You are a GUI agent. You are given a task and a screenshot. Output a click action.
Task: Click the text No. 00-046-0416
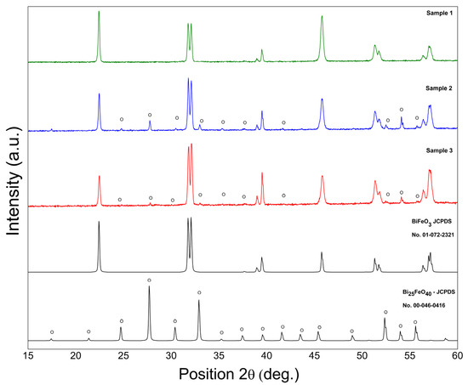point(426,305)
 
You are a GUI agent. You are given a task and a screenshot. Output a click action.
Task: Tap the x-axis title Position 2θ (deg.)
point(243,372)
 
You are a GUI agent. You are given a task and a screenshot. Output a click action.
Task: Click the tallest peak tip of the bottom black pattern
point(150,286)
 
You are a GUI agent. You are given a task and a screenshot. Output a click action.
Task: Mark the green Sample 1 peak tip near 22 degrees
point(99,12)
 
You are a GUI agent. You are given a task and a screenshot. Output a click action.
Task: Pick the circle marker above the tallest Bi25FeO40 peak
point(150,280)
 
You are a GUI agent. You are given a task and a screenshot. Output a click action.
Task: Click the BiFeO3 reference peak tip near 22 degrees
point(99,222)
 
